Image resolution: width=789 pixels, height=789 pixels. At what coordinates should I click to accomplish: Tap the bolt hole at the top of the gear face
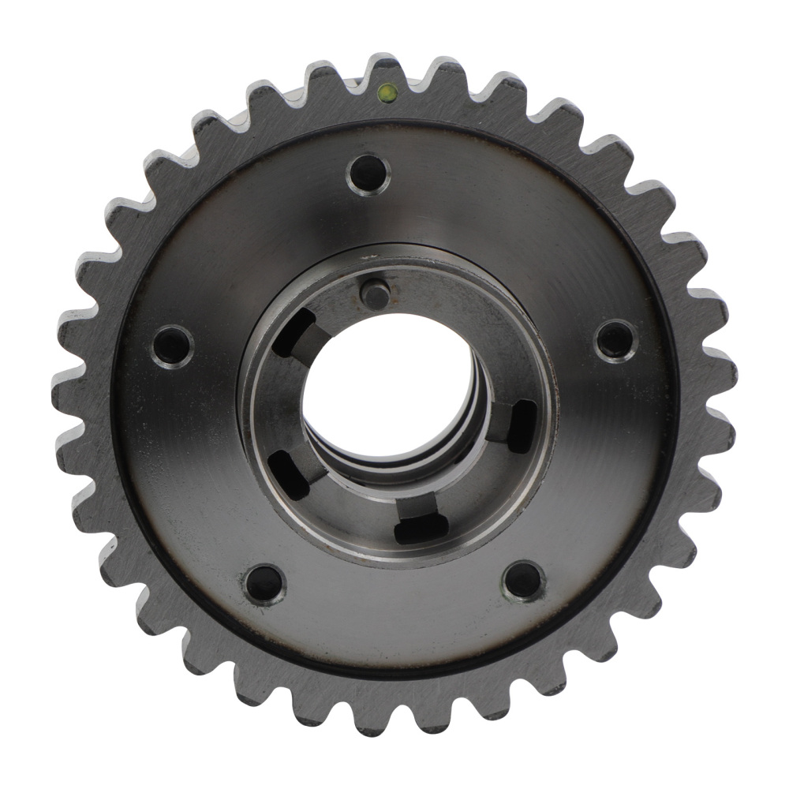(368, 173)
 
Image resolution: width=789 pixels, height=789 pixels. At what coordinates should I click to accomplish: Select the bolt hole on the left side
(173, 345)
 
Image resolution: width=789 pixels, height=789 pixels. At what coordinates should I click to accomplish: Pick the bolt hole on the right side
(615, 340)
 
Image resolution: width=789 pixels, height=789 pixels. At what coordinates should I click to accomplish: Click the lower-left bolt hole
(264, 584)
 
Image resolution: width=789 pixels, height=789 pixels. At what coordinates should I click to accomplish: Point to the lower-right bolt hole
(523, 580)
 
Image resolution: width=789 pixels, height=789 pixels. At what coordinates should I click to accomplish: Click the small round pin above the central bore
(375, 294)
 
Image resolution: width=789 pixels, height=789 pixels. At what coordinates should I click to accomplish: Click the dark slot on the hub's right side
(522, 426)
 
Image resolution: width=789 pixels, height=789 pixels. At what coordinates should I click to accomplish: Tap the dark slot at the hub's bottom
(421, 526)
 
